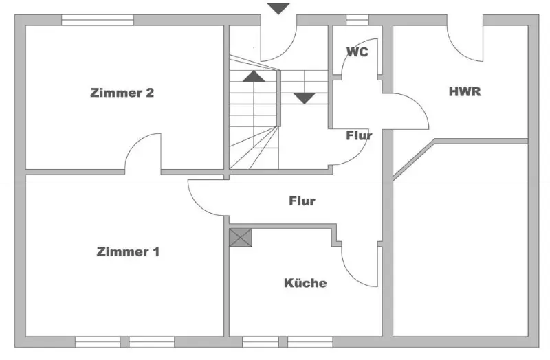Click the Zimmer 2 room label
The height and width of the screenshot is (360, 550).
(122, 93)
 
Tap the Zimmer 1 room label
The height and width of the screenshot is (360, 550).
(129, 251)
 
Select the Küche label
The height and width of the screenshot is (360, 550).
(305, 282)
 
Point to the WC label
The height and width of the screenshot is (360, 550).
(357, 52)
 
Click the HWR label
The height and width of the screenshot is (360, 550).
(464, 91)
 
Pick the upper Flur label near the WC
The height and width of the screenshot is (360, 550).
(359, 135)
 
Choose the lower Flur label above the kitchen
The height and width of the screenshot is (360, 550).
(302, 201)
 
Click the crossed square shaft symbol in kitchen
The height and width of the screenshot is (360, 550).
(241, 238)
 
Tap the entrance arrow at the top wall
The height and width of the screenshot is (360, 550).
(278, 8)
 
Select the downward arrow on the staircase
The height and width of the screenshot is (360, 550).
(305, 98)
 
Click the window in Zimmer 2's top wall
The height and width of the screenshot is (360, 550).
(97, 20)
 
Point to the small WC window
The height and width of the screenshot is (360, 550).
(357, 20)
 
